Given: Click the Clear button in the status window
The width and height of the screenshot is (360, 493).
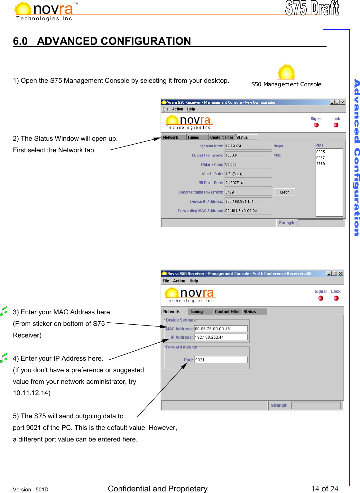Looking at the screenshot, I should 284,192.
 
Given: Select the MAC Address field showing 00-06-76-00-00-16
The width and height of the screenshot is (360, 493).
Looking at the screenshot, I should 221,329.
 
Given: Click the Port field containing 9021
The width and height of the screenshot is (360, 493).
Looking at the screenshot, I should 221,360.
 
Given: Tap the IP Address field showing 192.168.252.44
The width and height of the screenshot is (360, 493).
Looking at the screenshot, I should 221,337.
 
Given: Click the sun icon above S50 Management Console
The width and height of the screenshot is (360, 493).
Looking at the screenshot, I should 286,72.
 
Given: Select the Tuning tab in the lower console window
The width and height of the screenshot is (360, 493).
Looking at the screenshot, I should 196,312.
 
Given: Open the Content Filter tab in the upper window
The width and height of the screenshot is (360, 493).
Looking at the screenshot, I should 222,137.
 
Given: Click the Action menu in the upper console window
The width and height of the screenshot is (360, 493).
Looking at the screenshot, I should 178,109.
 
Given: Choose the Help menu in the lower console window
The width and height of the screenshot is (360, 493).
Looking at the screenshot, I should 194,281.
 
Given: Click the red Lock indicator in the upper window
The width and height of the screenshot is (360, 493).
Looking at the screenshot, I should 336,125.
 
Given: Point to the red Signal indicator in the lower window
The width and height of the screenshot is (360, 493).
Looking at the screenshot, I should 320,298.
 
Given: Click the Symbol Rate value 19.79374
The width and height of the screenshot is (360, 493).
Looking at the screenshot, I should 248,146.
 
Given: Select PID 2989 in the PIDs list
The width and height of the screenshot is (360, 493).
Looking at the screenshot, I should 320,164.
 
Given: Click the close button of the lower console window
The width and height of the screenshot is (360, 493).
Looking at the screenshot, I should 340,273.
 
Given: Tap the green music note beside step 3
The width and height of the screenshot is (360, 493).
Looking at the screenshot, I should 4,311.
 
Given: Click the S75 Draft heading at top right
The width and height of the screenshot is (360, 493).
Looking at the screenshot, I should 312,8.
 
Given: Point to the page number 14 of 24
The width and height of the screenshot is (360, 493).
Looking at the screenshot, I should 325,488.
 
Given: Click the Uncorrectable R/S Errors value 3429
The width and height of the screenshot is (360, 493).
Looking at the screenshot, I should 248,192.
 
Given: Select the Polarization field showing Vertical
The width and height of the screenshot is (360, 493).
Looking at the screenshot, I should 248,165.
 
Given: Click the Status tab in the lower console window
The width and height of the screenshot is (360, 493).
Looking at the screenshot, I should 250,312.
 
